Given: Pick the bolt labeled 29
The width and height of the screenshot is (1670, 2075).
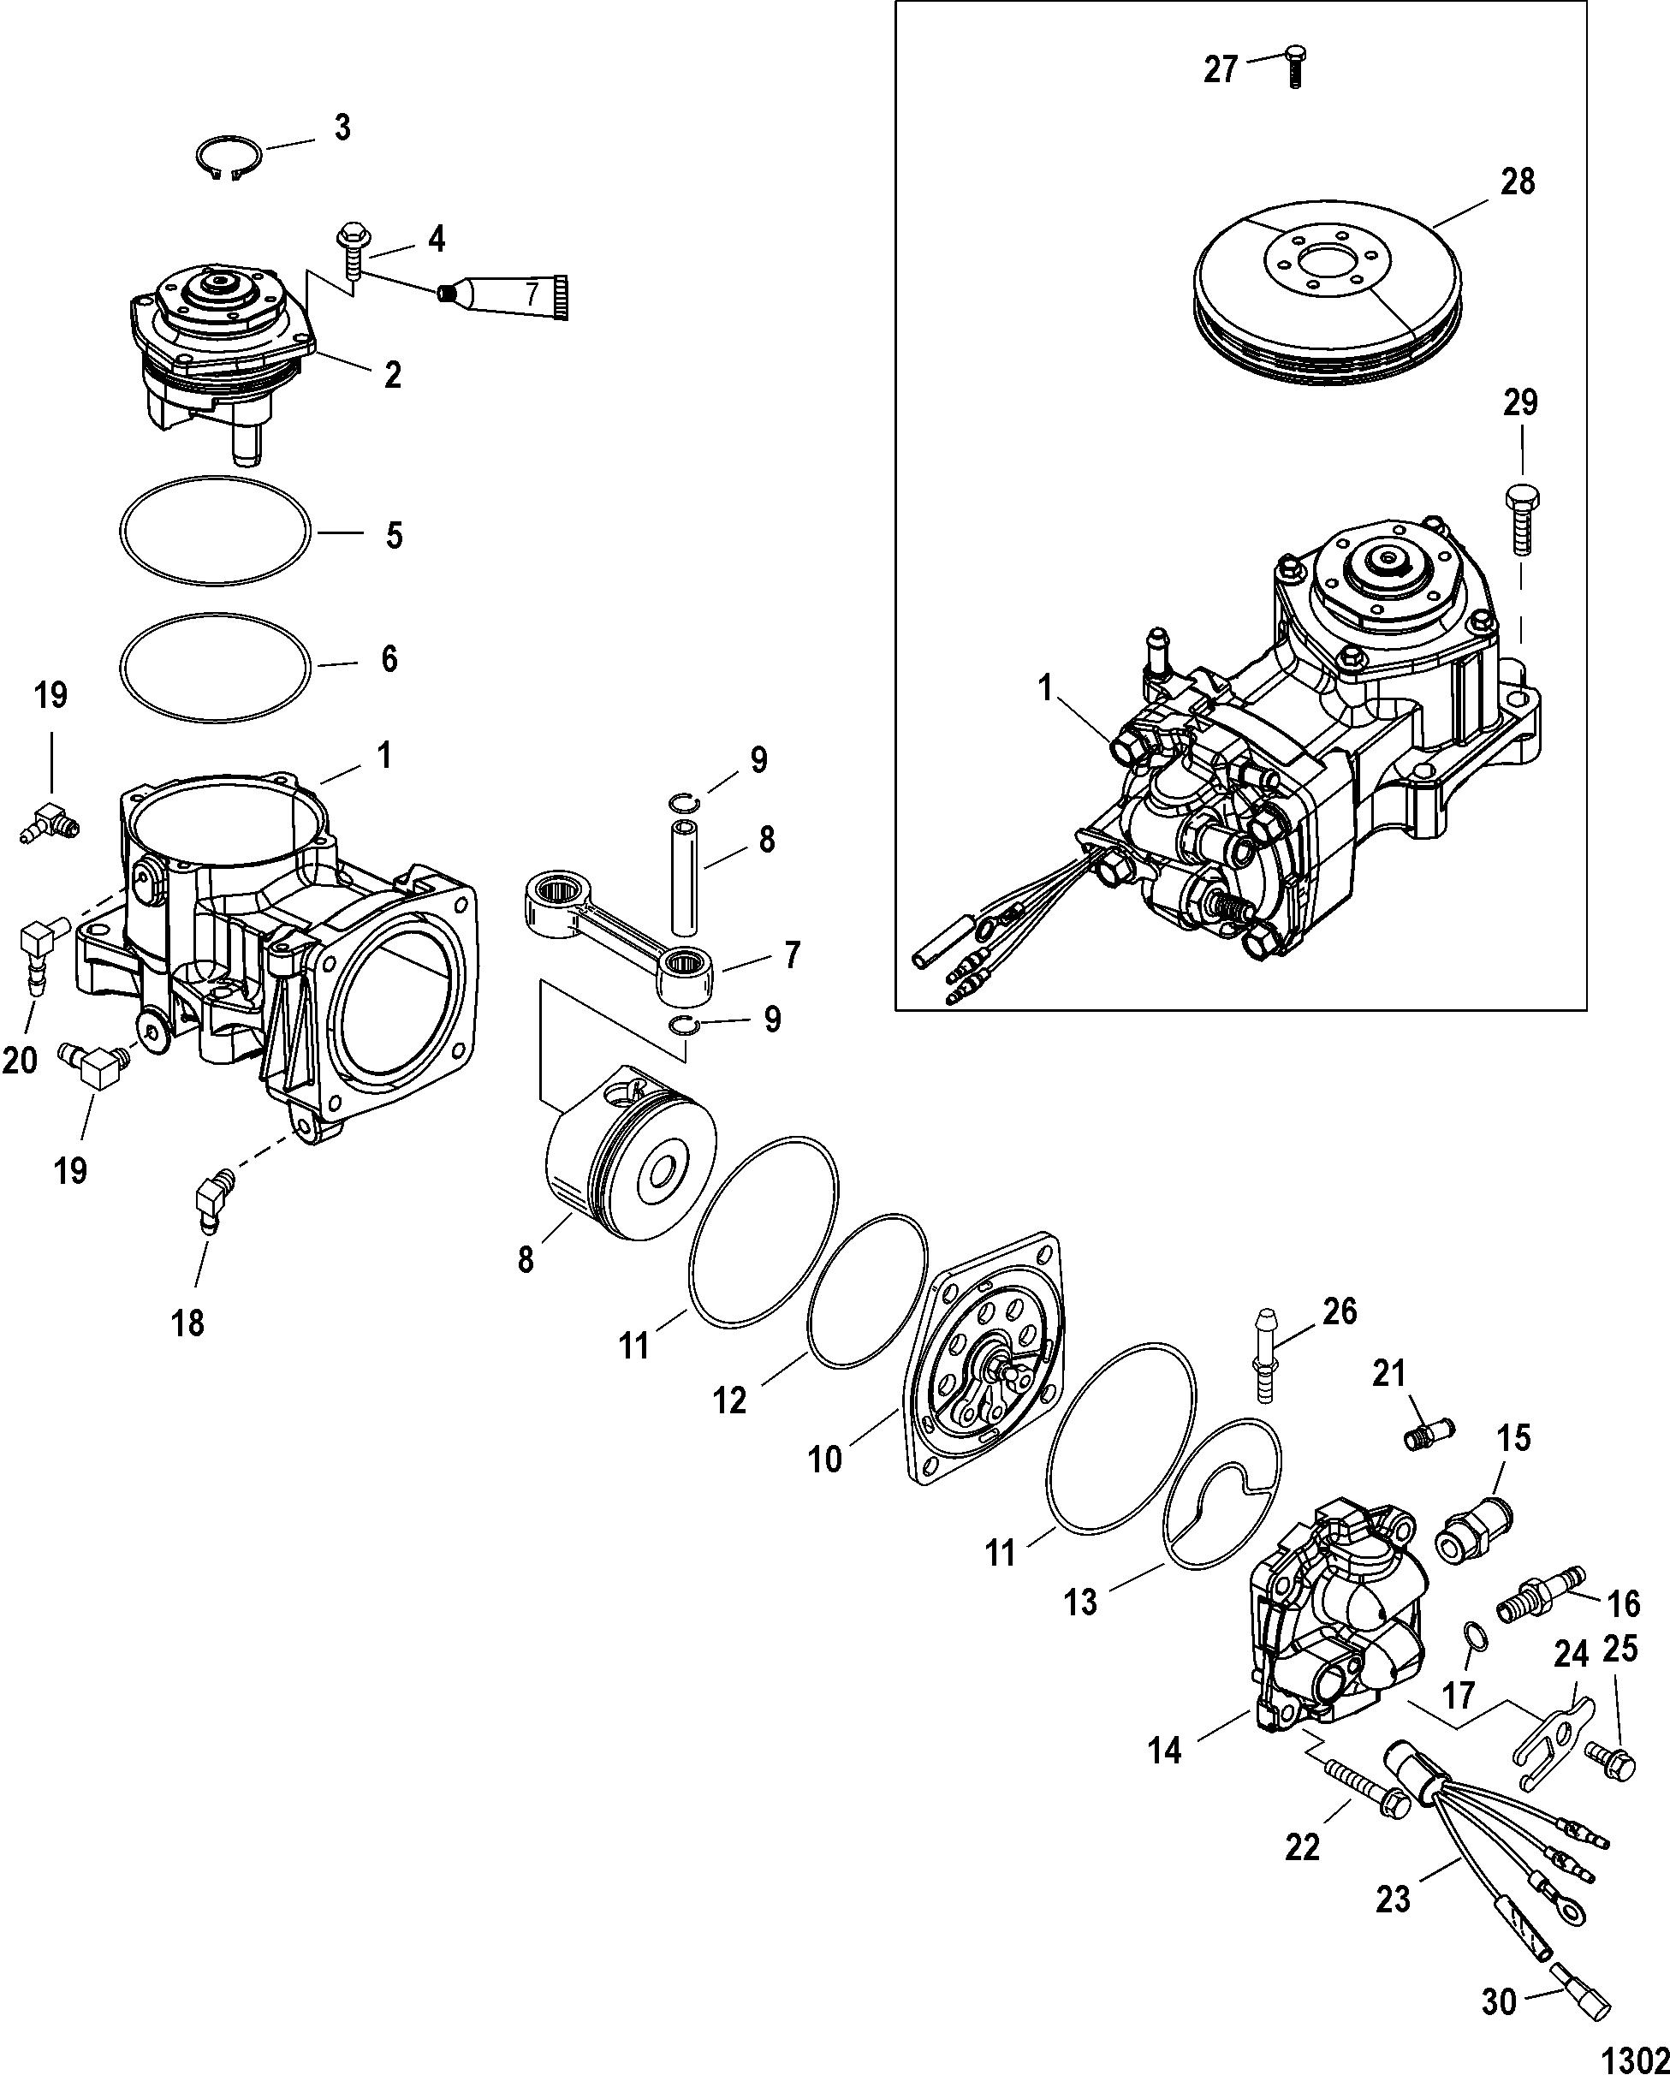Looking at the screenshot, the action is click(x=1521, y=520).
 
